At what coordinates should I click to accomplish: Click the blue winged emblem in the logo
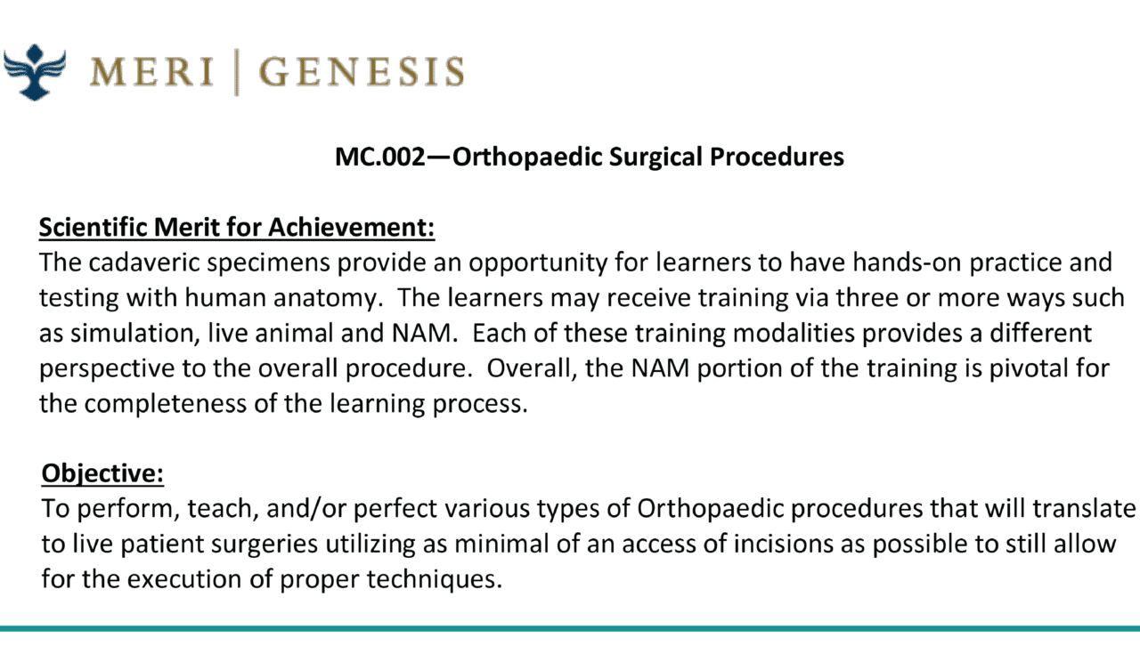[35, 72]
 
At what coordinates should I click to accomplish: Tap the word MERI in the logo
[151, 72]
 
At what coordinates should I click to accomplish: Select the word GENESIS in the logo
[362, 72]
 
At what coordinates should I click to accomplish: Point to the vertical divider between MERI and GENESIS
[237, 72]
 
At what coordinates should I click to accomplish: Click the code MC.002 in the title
[379, 157]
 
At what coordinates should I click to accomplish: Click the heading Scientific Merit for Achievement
[237, 227]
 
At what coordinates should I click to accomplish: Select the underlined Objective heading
[102, 474]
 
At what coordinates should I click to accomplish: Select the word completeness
[166, 404]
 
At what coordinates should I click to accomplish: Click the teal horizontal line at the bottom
[570, 629]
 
